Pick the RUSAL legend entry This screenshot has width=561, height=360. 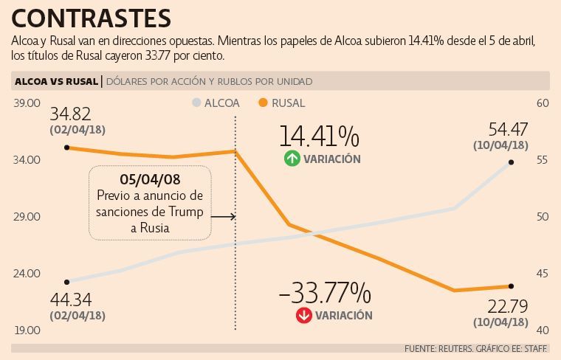pyautogui.click(x=282, y=103)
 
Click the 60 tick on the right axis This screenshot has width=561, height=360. pyautogui.click(x=542, y=103)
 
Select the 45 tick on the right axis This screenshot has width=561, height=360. pyautogui.click(x=542, y=274)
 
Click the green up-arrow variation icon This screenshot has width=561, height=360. pyautogui.click(x=292, y=159)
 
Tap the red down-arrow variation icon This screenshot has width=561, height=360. pyautogui.click(x=303, y=315)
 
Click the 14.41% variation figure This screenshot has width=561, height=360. pyautogui.click(x=319, y=136)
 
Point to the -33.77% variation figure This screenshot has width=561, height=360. pyautogui.click(x=324, y=293)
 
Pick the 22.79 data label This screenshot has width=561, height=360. pyautogui.click(x=509, y=305)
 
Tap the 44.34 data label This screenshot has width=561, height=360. pyautogui.click(x=71, y=300)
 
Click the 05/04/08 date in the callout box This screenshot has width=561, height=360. pyautogui.click(x=150, y=179)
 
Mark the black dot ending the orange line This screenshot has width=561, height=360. pyautogui.click(x=511, y=286)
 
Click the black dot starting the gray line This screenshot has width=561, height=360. pyautogui.click(x=67, y=282)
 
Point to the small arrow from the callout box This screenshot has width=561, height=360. pyautogui.click(x=223, y=217)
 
